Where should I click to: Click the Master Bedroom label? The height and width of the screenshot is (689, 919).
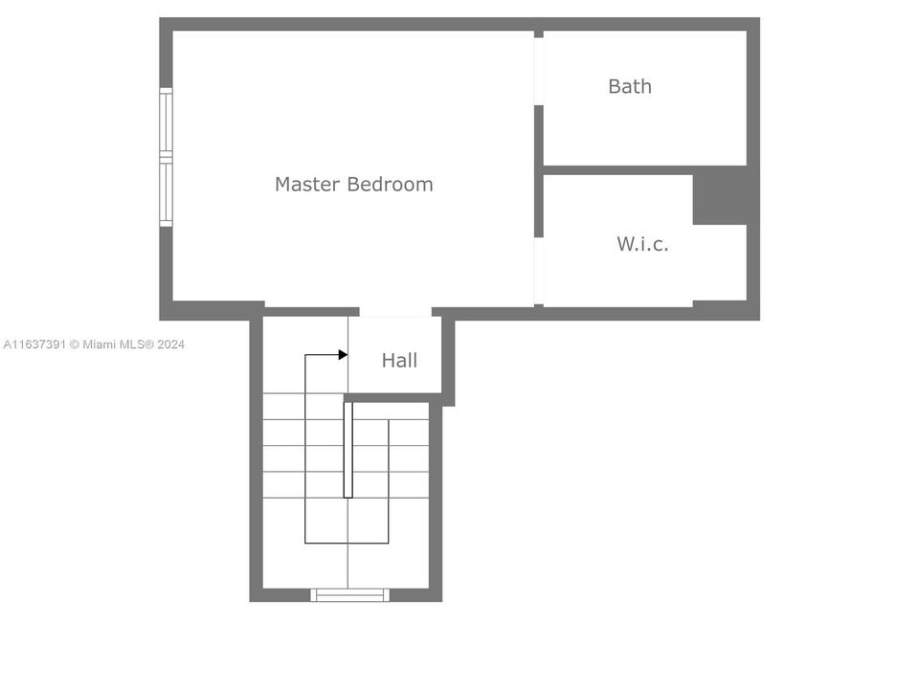(x=353, y=184)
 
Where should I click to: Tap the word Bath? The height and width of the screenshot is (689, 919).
(x=630, y=86)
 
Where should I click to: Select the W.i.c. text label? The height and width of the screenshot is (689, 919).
(x=642, y=244)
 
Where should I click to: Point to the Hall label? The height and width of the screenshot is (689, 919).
(x=399, y=361)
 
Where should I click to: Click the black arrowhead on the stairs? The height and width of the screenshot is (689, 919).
(x=343, y=355)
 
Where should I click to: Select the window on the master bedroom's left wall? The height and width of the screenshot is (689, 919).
(x=166, y=157)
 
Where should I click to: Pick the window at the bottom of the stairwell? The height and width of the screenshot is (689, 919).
(x=350, y=595)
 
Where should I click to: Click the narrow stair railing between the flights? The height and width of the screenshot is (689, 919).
(x=348, y=450)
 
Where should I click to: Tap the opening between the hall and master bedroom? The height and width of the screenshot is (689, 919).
(x=395, y=313)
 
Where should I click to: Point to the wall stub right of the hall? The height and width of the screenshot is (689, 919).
(x=448, y=359)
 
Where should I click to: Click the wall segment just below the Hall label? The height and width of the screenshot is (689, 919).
(x=392, y=397)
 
